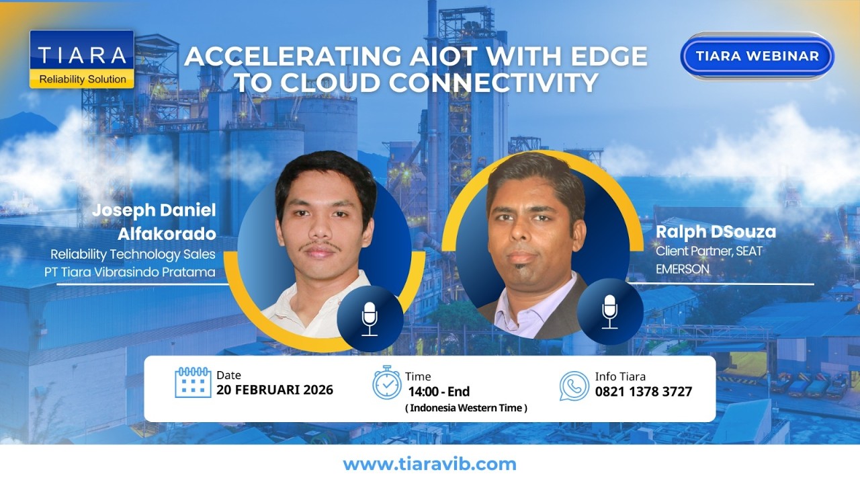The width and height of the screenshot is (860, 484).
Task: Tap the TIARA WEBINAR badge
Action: click(757, 56)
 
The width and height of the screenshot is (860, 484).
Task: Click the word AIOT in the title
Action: click(381, 56)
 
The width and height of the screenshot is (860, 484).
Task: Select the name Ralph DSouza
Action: click(716, 233)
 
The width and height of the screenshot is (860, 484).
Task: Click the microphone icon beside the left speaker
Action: click(370, 318)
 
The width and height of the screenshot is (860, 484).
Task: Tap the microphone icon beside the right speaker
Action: click(609, 311)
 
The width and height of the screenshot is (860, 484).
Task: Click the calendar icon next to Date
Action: click(193, 382)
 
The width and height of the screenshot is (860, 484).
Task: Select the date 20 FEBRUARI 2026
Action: click(275, 391)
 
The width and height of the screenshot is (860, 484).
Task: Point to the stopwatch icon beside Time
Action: click(387, 382)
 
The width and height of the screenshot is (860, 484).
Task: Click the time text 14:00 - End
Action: click(439, 392)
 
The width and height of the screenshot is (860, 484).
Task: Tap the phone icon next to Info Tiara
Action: click(574, 385)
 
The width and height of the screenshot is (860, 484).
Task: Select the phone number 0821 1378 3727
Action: click(644, 392)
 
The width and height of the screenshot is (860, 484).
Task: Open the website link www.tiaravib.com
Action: click(430, 465)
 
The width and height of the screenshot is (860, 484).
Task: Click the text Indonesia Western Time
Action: click(466, 408)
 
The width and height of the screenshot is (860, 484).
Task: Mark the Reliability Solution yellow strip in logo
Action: click(82, 79)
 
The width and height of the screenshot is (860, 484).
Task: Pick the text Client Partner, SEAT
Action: click(709, 251)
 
